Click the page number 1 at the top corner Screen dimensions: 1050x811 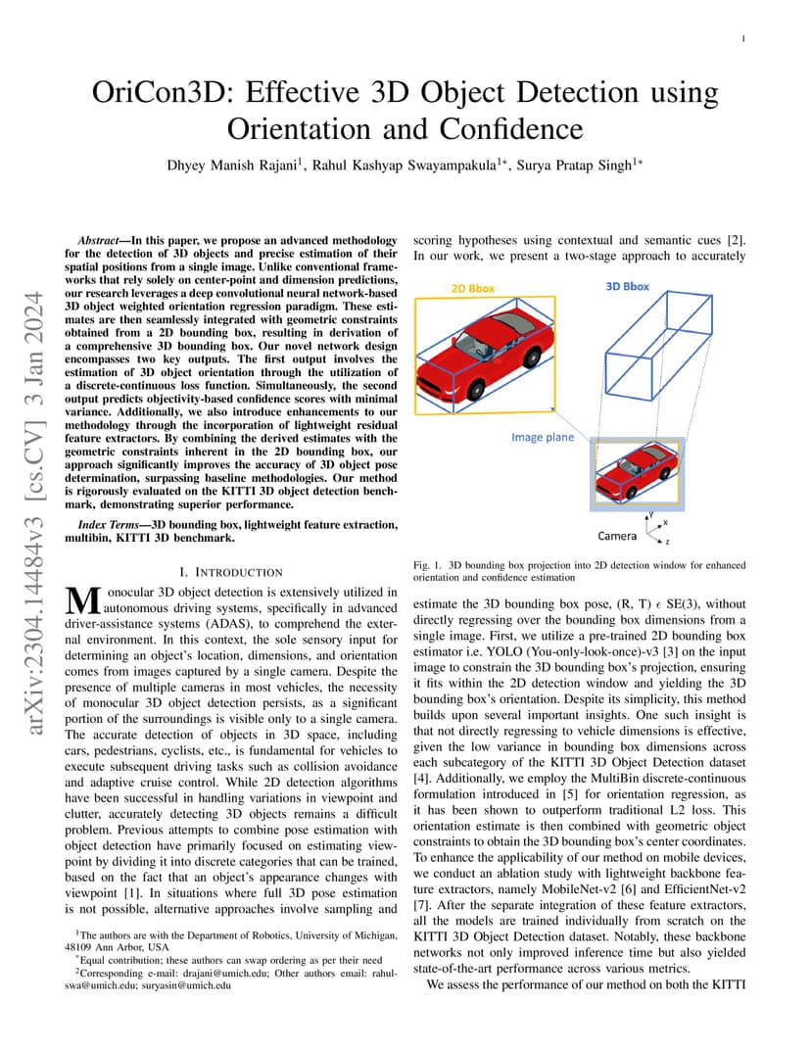[x=744, y=39]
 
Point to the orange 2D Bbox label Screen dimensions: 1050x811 [x=472, y=289]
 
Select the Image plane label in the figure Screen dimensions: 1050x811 [x=543, y=437]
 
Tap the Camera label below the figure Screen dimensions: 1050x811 [x=617, y=536]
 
